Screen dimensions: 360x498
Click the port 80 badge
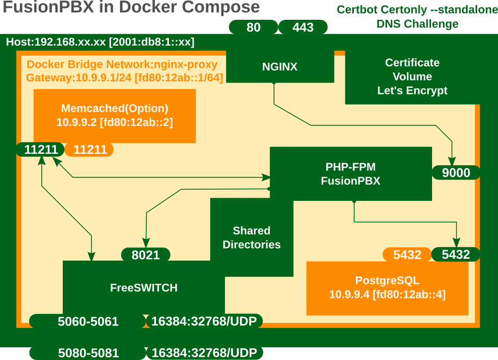click(x=254, y=27)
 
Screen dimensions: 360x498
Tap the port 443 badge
click(x=303, y=27)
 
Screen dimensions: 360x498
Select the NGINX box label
click(x=279, y=67)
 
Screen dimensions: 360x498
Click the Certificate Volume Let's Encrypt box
click(x=412, y=77)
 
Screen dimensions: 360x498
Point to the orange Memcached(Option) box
click(x=114, y=115)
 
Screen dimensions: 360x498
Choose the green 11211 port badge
click(x=41, y=149)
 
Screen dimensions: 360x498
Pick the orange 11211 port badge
click(x=90, y=149)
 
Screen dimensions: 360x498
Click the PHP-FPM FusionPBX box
click(x=351, y=174)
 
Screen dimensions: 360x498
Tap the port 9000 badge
click(x=456, y=172)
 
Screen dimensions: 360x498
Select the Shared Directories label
click(x=251, y=237)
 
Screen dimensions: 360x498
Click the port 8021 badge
click(x=146, y=255)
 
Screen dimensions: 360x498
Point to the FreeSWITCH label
click(x=144, y=288)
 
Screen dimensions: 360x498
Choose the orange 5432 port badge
click(x=407, y=255)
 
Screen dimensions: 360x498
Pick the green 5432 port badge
click(x=455, y=255)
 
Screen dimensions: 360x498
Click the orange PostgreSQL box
click(x=387, y=288)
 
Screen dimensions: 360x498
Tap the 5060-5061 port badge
click(x=88, y=321)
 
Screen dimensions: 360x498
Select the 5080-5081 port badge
click(x=88, y=353)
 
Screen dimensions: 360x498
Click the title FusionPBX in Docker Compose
click(x=131, y=8)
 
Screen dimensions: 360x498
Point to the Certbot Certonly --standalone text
click(x=417, y=10)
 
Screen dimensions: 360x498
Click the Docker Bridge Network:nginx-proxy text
click(x=122, y=65)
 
